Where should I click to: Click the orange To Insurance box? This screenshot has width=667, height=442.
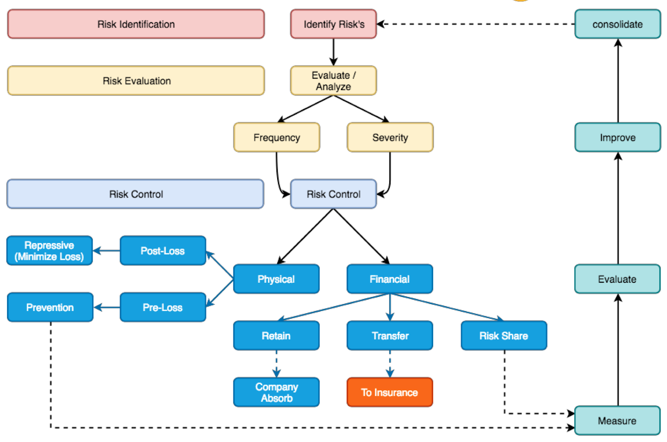[389, 392]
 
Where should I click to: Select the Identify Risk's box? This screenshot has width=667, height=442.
[333, 24]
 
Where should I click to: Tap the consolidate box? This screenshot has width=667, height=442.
[617, 24]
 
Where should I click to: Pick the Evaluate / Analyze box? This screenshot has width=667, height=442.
[333, 81]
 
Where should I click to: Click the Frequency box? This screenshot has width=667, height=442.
[276, 137]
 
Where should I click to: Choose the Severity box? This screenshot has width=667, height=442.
[390, 137]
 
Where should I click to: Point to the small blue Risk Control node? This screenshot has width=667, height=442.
[333, 194]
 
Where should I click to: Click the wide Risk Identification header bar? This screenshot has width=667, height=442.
[136, 24]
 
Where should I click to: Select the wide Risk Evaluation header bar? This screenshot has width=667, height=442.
[136, 81]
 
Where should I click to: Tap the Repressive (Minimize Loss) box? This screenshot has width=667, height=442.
[50, 251]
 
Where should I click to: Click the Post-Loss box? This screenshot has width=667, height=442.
[163, 251]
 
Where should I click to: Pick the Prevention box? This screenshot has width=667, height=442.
[50, 307]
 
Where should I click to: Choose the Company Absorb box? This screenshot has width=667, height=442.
[276, 392]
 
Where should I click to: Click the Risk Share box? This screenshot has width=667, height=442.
[504, 336]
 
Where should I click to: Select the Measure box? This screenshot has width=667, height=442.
[617, 421]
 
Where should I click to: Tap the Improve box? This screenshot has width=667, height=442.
[617, 137]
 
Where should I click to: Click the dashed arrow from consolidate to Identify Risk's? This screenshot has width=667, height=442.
[475, 24]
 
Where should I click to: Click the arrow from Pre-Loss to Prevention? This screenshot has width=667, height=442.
[107, 307]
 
